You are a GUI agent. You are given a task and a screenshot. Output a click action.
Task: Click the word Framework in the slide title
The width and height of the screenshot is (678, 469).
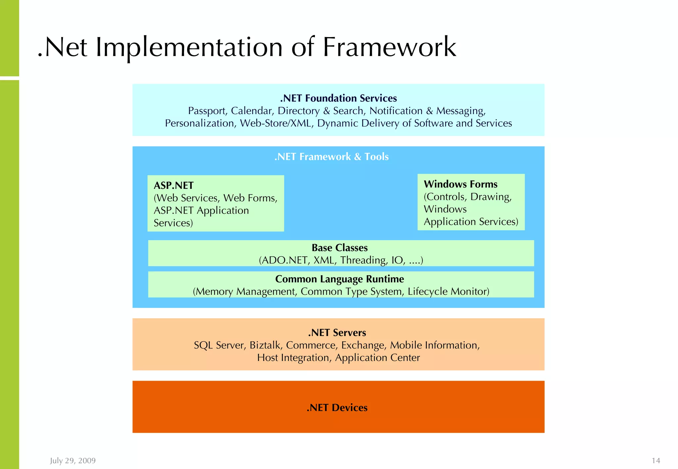(x=389, y=47)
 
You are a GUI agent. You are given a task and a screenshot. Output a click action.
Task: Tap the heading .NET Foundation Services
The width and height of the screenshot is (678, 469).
(x=338, y=98)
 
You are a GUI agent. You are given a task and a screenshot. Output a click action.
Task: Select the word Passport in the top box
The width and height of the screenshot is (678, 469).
(x=207, y=111)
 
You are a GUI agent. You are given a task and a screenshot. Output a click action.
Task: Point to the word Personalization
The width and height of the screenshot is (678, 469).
(x=200, y=123)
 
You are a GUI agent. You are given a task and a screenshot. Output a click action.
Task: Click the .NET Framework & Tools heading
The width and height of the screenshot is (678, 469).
(x=331, y=157)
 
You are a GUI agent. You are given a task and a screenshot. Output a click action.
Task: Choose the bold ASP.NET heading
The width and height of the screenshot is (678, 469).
(x=173, y=186)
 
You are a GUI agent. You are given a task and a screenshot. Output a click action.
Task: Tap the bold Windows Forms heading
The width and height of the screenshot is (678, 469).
(x=460, y=184)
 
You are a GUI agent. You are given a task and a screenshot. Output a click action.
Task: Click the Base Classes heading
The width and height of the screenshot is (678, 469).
(x=340, y=248)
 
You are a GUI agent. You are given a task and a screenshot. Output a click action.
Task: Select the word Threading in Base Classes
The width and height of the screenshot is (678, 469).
(x=363, y=260)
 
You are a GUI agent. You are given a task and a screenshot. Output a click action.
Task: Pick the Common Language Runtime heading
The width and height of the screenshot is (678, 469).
(x=340, y=279)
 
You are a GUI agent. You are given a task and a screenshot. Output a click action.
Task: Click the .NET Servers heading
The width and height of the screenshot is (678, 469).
(x=337, y=333)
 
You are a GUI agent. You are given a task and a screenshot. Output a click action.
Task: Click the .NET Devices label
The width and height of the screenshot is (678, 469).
(x=337, y=408)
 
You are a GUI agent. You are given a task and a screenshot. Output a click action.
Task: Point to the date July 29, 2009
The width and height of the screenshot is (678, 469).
(x=73, y=461)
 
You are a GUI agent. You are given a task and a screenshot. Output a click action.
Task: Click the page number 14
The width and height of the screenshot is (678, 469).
(x=656, y=461)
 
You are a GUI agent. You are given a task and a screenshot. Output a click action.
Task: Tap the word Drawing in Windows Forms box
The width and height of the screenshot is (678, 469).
(x=491, y=197)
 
